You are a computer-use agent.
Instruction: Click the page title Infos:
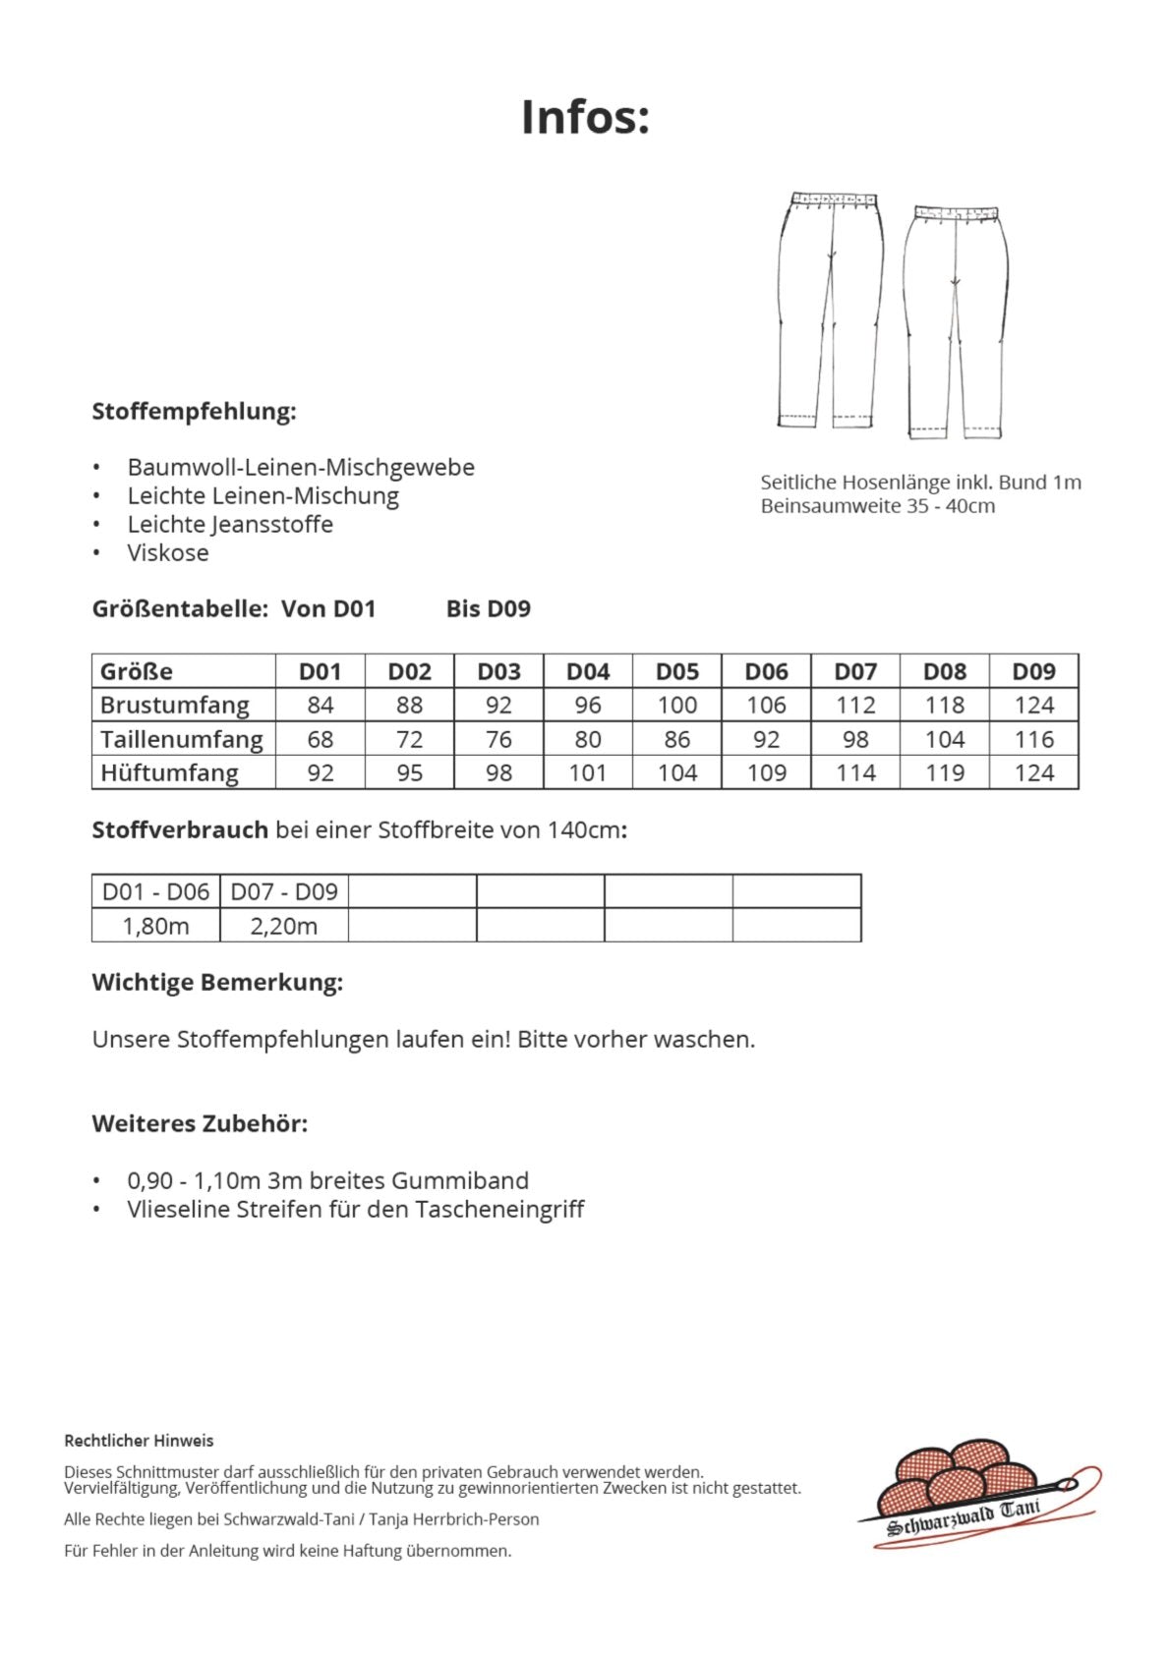tap(585, 117)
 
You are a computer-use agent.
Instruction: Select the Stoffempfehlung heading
tap(194, 411)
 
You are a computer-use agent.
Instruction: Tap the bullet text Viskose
tap(168, 552)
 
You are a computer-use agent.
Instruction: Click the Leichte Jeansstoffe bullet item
tap(230, 524)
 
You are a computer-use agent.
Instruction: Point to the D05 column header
tap(676, 671)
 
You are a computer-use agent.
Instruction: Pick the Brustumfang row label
tap(174, 705)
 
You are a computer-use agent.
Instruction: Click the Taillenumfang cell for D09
tap(1033, 739)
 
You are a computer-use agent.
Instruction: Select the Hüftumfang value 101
tap(587, 772)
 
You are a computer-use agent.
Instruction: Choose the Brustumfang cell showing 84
tap(320, 705)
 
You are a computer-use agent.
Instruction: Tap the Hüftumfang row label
tap(169, 772)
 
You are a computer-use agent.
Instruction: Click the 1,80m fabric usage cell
tap(155, 926)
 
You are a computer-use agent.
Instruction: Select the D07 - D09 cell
tap(283, 891)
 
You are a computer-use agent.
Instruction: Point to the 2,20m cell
tap(283, 926)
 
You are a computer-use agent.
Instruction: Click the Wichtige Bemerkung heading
tap(217, 982)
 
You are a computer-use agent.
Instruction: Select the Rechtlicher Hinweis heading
tap(139, 1441)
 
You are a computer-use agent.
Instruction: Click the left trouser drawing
tap(830, 310)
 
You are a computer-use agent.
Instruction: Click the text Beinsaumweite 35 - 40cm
tap(877, 506)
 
